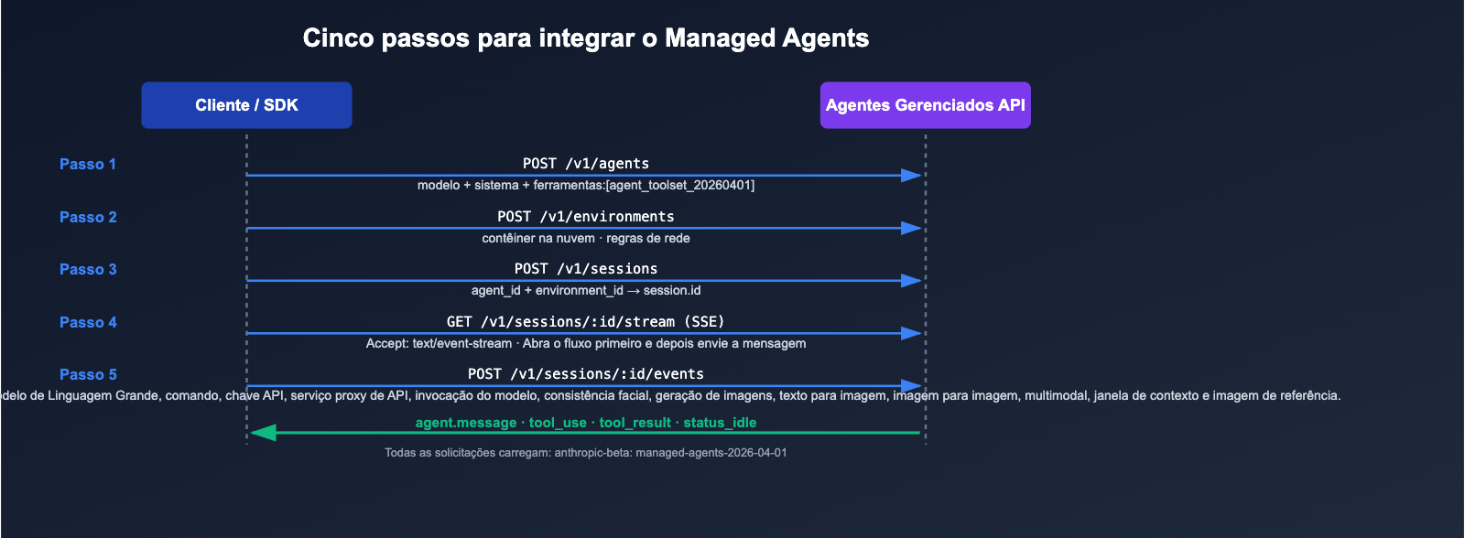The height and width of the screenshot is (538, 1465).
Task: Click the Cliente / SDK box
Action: (x=246, y=105)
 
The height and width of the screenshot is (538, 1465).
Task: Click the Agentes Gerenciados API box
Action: (x=925, y=105)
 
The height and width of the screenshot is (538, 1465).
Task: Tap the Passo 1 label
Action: (x=88, y=165)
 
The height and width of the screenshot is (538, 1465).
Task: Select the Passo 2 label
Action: (x=88, y=218)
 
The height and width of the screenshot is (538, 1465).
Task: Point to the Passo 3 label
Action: (x=88, y=270)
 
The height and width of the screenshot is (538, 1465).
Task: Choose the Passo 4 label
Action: (x=88, y=323)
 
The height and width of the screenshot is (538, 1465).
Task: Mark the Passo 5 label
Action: (x=88, y=375)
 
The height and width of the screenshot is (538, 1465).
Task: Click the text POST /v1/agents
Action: (x=586, y=164)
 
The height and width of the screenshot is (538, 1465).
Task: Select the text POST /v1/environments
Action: (x=586, y=217)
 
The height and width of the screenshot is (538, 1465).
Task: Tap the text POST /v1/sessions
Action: (x=586, y=269)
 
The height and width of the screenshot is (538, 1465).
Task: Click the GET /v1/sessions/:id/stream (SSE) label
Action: (x=586, y=322)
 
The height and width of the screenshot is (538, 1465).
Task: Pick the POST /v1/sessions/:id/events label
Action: (x=586, y=374)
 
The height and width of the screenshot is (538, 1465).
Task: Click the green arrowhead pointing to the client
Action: (x=264, y=432)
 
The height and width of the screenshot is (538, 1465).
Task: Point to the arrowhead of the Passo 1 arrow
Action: (x=911, y=175)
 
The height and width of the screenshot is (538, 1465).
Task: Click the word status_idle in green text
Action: (x=720, y=423)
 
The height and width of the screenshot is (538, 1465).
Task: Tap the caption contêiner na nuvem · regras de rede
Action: (x=586, y=239)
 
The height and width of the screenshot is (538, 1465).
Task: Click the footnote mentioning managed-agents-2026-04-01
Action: (x=586, y=453)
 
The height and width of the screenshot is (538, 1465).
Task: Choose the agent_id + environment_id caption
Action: (x=548, y=291)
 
